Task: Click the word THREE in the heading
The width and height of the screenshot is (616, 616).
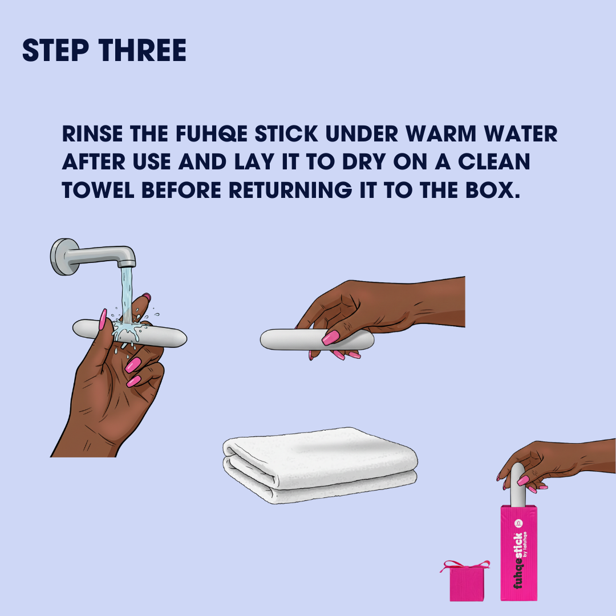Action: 143,50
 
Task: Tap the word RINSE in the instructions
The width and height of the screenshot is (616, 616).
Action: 92,134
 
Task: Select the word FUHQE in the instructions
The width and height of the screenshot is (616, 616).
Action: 212,134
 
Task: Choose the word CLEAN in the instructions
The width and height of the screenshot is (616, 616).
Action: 494,162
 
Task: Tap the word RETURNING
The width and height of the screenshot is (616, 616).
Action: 290,190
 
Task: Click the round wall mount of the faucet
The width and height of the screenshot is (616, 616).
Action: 63,257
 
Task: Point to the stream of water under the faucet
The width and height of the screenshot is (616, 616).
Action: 127,295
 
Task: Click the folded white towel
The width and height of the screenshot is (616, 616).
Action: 320,465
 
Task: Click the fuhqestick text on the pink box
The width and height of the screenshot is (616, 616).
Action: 518,561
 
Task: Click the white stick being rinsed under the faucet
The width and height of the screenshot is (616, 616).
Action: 129,334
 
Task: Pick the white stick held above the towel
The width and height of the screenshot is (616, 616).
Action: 316,339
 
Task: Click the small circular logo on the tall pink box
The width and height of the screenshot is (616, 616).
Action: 518,523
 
